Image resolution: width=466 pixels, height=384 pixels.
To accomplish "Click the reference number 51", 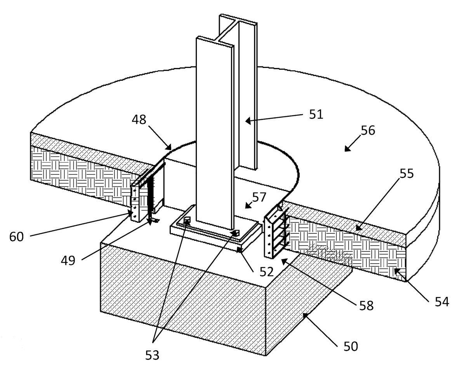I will [x=316, y=114].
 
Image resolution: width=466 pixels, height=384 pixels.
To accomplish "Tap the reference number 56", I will [x=368, y=130].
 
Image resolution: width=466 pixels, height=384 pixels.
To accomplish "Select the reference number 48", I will [x=139, y=120].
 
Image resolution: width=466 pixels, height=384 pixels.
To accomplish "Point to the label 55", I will [x=407, y=174].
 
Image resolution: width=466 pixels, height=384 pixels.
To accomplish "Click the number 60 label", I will [x=16, y=236].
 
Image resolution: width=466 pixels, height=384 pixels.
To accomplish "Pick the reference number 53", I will [x=152, y=355].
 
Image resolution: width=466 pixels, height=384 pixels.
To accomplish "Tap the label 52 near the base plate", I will [x=266, y=272].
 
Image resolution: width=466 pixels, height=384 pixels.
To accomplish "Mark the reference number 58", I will [x=366, y=305].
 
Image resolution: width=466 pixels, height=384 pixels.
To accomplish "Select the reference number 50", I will [x=350, y=346].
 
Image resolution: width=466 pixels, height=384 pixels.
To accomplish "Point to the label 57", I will [x=259, y=197].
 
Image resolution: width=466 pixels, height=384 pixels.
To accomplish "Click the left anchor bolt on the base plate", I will [x=187, y=221].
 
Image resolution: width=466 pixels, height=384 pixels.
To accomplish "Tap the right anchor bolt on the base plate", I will [x=235, y=233].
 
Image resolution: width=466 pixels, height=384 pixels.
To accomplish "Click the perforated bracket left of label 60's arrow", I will [x=135, y=203].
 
